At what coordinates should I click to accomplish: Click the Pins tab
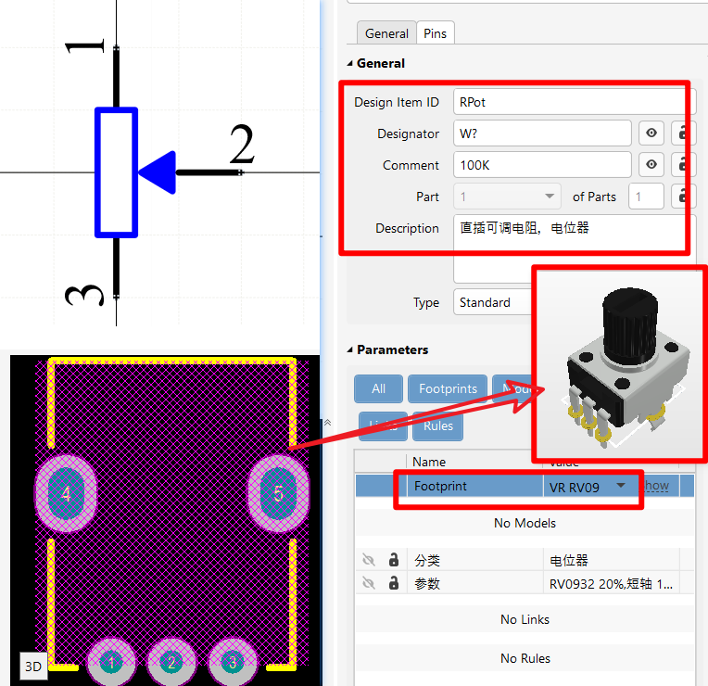click(x=435, y=33)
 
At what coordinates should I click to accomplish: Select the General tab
click(x=386, y=33)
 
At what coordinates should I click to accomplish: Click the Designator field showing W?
click(x=542, y=133)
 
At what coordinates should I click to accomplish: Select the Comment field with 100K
click(x=542, y=165)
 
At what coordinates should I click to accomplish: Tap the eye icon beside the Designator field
click(x=651, y=133)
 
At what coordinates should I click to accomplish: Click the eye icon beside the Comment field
click(x=651, y=165)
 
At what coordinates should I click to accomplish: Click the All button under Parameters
click(x=378, y=389)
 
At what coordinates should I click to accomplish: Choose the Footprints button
click(x=448, y=389)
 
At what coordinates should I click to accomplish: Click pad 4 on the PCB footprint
click(x=66, y=494)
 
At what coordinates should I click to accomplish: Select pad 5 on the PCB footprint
click(x=278, y=494)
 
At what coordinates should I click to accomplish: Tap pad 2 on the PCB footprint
click(x=171, y=663)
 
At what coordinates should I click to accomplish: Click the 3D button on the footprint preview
click(x=32, y=666)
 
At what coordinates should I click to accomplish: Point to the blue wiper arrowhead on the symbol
click(x=158, y=172)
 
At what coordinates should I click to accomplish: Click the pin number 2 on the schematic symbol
click(x=241, y=146)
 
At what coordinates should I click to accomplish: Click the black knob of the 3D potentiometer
click(x=628, y=321)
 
